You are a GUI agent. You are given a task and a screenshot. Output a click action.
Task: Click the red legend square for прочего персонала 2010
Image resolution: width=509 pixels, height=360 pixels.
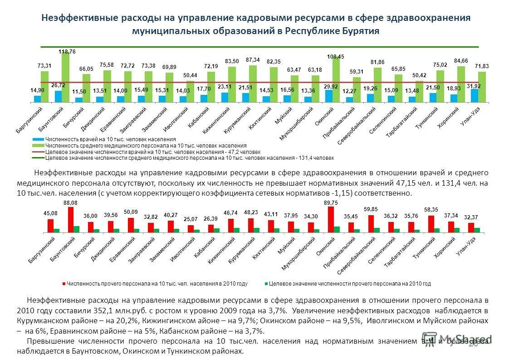tap(64, 284)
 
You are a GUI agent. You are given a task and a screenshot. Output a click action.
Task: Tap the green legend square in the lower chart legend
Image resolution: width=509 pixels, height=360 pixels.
tap(266, 284)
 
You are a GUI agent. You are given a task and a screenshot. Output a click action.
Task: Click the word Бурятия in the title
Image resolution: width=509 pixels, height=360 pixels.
tap(360, 31)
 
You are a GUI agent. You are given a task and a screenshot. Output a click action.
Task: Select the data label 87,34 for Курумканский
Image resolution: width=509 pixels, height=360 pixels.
tap(253, 59)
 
